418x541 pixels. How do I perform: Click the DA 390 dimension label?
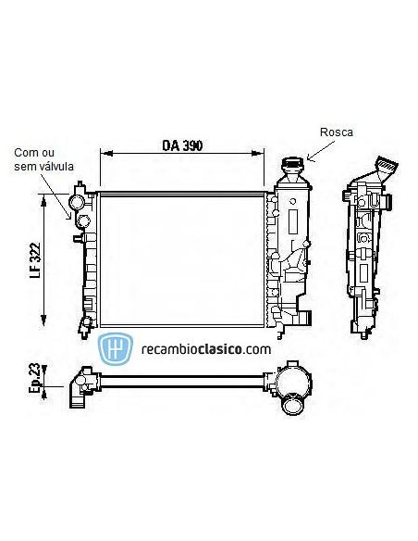tap(182, 145)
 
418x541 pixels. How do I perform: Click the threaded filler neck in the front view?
tap(292, 170)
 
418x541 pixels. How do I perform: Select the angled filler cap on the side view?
tap(383, 171)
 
